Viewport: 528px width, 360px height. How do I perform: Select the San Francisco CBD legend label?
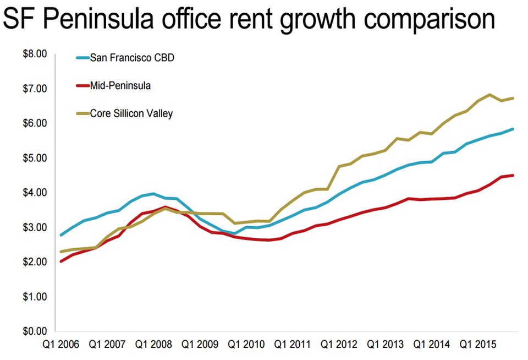coord(132,58)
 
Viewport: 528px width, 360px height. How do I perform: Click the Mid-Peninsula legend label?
coord(120,86)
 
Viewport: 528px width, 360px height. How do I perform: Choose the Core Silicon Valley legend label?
coord(131,113)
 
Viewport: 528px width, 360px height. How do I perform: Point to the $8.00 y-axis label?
coord(35,54)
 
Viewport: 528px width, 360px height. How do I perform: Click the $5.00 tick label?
coord(35,158)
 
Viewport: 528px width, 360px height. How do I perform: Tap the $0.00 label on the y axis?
coord(35,331)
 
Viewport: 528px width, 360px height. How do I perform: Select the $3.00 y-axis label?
coord(35,227)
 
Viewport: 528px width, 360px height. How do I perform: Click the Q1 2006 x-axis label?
coord(61,345)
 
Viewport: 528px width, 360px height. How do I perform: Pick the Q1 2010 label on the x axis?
coord(246,345)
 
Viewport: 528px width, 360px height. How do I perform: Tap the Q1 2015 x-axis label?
coord(478,345)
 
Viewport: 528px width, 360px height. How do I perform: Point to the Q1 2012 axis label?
coord(339,345)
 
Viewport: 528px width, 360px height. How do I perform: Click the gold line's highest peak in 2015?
coord(490,95)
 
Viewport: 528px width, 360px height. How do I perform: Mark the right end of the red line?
coord(513,175)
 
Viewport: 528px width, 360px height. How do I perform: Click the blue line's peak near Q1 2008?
coord(153,193)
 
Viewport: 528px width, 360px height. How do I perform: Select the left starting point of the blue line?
coord(61,235)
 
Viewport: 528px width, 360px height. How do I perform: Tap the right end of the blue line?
coord(513,129)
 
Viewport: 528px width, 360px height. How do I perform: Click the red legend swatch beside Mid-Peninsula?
coord(83,86)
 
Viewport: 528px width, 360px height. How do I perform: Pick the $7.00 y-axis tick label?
coord(35,89)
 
